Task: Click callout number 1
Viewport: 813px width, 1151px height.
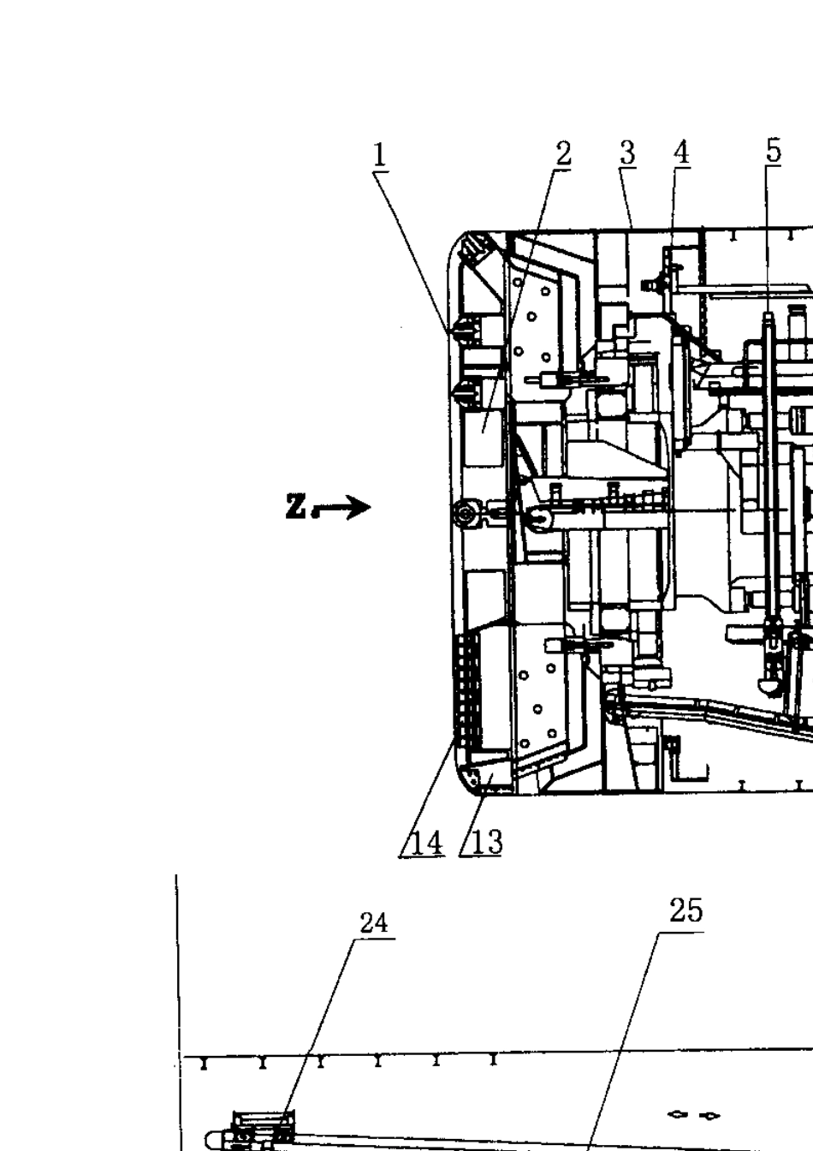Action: tap(379, 155)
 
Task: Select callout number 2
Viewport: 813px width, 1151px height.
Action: tap(563, 153)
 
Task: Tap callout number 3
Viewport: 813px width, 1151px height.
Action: tap(627, 153)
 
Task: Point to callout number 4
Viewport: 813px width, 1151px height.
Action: tap(681, 152)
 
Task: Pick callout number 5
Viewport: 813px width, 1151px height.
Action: tap(774, 151)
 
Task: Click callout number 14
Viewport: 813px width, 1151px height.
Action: tap(426, 844)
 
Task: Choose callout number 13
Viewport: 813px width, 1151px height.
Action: tap(486, 843)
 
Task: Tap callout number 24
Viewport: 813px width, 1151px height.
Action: tap(373, 923)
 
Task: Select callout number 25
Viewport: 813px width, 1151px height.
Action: tap(685, 910)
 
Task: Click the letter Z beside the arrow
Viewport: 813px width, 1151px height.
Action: tap(295, 506)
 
